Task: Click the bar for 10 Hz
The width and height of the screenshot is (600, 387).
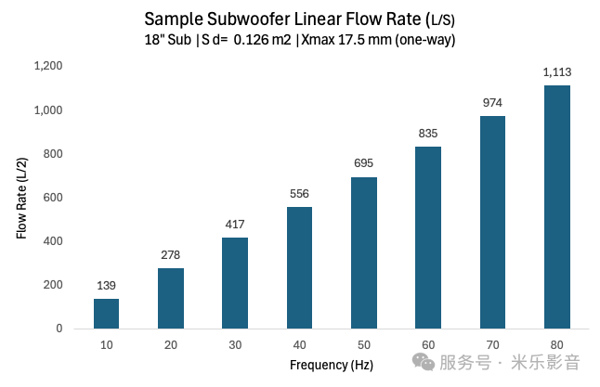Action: coord(106,313)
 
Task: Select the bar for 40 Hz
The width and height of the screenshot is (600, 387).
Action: coord(299,267)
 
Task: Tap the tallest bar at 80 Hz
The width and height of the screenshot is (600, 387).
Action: coord(556,207)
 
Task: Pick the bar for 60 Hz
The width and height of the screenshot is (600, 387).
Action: coord(428,238)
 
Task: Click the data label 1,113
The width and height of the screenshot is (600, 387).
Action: coord(556,72)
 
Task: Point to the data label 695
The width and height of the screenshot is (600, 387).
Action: coord(363,163)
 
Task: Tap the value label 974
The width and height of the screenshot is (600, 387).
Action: coord(492,103)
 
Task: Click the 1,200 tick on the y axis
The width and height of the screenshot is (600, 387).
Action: coord(47,66)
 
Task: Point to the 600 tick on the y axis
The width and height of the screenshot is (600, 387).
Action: coord(52,197)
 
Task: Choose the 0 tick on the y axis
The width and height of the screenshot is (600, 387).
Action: coord(59,329)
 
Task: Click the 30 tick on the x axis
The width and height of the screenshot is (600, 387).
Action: coord(235,344)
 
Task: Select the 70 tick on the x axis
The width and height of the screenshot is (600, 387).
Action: coord(492,344)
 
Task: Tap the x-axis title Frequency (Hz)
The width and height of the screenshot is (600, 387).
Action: coord(332,365)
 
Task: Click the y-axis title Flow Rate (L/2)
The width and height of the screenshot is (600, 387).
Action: coord(20,197)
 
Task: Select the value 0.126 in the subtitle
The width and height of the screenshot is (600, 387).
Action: coord(249,40)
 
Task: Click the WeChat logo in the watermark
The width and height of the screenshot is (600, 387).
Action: coord(424,360)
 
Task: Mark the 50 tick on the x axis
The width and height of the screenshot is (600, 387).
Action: coord(363,344)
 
